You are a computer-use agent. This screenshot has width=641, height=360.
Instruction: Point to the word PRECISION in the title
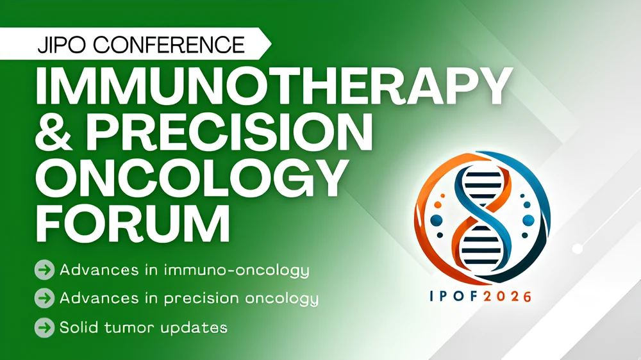[227, 131]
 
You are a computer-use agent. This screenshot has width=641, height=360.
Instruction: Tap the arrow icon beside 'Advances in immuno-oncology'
[43, 270]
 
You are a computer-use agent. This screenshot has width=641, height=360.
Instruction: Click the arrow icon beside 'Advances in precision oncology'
[43, 299]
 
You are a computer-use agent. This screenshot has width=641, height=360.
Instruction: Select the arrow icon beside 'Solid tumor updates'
[43, 327]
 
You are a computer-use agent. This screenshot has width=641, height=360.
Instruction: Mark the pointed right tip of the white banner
[270, 44]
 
